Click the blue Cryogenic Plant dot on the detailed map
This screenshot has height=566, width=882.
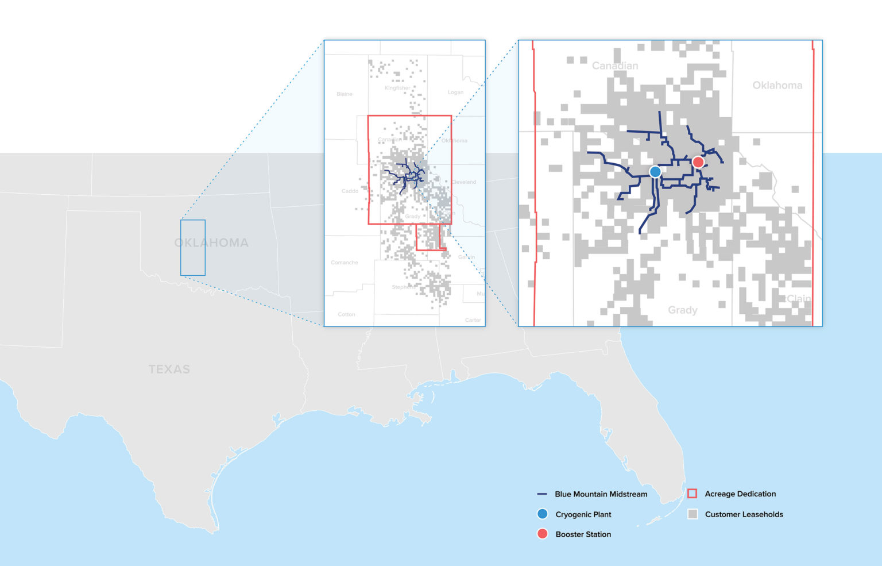[x=655, y=171]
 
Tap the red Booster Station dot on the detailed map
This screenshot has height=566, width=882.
[x=698, y=162]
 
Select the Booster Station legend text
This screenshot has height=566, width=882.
[x=583, y=534]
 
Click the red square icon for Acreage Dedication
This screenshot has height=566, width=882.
[x=692, y=494]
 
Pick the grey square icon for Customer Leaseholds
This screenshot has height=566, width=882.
[x=693, y=514]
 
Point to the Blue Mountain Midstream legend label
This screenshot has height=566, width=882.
[x=601, y=494]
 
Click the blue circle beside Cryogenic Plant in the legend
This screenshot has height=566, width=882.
[x=542, y=514]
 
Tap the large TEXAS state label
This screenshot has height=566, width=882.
[x=169, y=369]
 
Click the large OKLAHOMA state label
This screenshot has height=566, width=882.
[x=211, y=242]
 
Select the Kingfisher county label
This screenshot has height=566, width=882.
[x=397, y=88]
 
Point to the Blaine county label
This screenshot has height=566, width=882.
[x=345, y=94]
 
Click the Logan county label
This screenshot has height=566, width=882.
[x=455, y=93]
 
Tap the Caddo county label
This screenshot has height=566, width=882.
[x=350, y=191]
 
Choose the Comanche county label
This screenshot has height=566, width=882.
[x=345, y=263]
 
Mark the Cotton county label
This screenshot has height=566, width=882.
[x=346, y=314]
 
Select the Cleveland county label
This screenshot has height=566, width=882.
[x=463, y=182]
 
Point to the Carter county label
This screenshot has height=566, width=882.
[x=473, y=320]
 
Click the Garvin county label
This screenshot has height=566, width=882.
[x=466, y=257]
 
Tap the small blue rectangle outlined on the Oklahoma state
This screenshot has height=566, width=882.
[x=193, y=248]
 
